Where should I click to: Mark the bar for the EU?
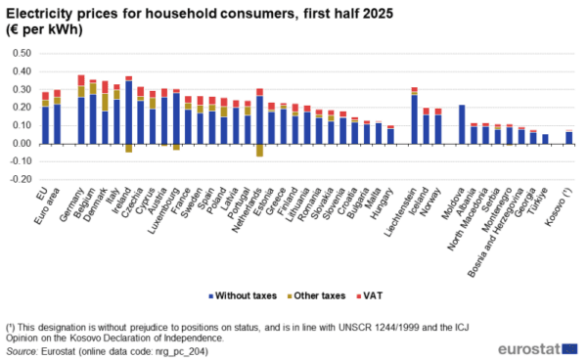pos(45,122)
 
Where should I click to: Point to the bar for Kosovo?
pos(568,137)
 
